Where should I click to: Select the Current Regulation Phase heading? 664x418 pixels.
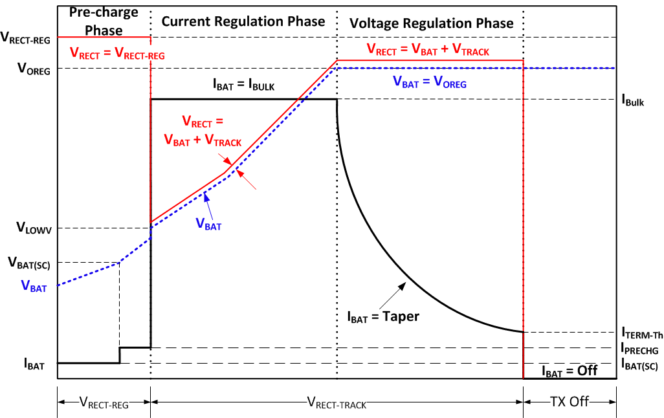(243, 21)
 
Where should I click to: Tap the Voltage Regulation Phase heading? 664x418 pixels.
(431, 23)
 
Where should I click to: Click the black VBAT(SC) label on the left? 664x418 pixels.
(29, 263)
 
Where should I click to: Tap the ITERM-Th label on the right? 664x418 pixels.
(641, 333)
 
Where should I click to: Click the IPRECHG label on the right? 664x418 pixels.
(641, 349)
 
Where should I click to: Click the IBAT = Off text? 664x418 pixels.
(569, 371)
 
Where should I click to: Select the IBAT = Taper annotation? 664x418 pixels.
(383, 317)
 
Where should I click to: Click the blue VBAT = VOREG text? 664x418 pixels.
(429, 83)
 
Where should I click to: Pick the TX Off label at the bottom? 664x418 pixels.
(570, 402)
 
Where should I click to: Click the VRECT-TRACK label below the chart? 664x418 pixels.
(336, 403)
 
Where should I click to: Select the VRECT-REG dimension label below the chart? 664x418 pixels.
(104, 403)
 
